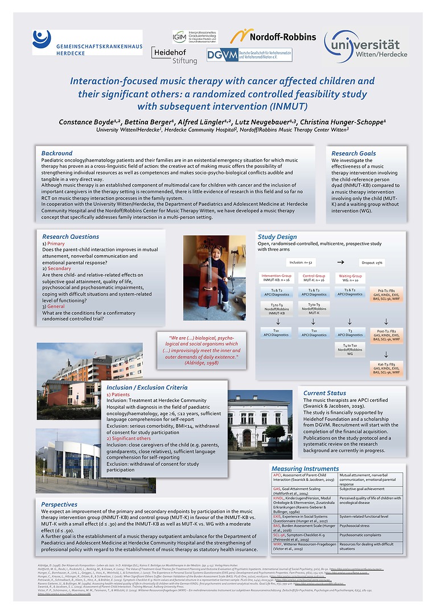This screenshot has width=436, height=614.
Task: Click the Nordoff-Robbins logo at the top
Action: coord(273,36)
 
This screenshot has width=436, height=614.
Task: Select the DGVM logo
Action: coord(249,55)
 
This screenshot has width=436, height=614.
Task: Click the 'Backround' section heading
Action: coord(57,153)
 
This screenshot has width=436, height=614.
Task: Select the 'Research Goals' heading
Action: coord(353,153)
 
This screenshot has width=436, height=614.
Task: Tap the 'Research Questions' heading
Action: coord(71,237)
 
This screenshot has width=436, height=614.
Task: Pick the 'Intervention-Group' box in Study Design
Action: coord(276,277)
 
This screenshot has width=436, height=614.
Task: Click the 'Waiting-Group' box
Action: coord(350,277)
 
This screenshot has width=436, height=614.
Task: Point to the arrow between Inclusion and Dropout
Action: coord(340,263)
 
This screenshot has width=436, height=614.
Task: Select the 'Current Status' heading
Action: coord(324,393)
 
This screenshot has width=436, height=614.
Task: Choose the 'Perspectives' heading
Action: coord(59,504)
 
